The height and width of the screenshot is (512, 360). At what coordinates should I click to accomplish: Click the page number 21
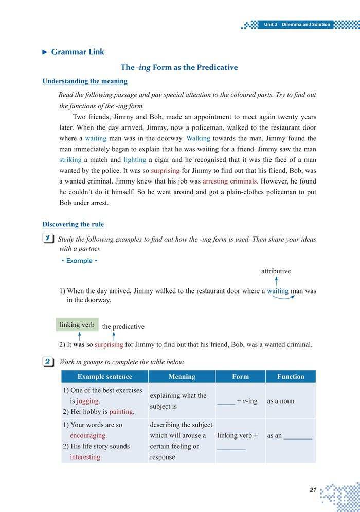point(313,490)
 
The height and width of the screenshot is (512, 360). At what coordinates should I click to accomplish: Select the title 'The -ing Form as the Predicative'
point(179,67)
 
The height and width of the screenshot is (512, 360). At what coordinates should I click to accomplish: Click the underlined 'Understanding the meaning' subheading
point(85,81)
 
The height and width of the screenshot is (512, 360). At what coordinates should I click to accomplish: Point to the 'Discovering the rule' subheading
point(73,224)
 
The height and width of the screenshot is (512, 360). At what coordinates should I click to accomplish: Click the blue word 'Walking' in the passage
point(198,138)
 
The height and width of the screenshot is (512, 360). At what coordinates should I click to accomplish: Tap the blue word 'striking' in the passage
point(70,160)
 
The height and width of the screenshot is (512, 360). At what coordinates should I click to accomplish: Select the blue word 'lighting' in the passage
point(135,160)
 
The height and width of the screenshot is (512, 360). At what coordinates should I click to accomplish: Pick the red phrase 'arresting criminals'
point(230,181)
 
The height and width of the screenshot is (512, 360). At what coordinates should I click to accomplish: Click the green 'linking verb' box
point(77,324)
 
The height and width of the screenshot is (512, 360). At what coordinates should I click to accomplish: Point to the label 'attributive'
point(276,271)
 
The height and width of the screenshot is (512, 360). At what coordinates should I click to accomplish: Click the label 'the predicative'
point(123,326)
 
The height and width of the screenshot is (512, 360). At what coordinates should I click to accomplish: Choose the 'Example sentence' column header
point(104,377)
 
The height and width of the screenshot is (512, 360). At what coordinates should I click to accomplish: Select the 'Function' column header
point(291,377)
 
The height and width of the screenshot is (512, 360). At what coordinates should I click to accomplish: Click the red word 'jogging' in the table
point(88,401)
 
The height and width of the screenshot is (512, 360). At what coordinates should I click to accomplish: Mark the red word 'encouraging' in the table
point(88,435)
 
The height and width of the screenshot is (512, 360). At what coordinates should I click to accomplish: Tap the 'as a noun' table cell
point(281,401)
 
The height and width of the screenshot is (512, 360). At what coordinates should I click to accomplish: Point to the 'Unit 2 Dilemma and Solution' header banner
point(297,24)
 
